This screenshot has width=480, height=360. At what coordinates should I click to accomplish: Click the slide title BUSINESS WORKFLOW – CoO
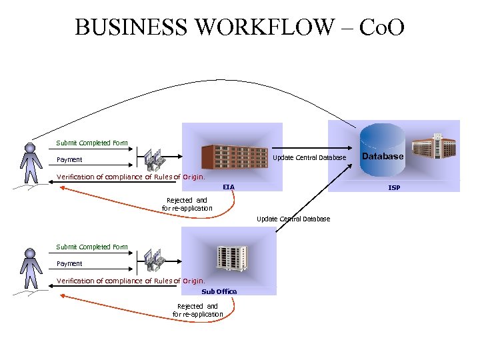tap(239, 27)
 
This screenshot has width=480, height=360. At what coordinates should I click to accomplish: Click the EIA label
tap(229, 187)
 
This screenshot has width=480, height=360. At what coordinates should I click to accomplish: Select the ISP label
tap(394, 188)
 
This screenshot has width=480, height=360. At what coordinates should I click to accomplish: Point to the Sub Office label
tap(219, 291)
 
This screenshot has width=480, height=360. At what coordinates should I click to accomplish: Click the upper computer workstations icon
tap(153, 159)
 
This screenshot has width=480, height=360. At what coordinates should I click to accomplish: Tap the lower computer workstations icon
tap(153, 262)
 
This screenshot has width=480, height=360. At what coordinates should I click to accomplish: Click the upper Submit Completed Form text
tap(92, 143)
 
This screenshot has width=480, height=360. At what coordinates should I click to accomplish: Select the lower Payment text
tap(69, 264)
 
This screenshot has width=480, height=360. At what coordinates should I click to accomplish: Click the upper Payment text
tap(69, 160)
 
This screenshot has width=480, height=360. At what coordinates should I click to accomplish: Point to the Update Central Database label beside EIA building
tap(309, 158)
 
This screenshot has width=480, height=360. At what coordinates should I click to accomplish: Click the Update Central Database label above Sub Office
tap(293, 219)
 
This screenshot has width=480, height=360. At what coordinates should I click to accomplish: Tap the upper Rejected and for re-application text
tap(187, 204)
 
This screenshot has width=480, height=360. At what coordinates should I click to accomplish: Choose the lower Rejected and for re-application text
tap(197, 310)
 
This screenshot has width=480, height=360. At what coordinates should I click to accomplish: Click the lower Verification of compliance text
tap(131, 281)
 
